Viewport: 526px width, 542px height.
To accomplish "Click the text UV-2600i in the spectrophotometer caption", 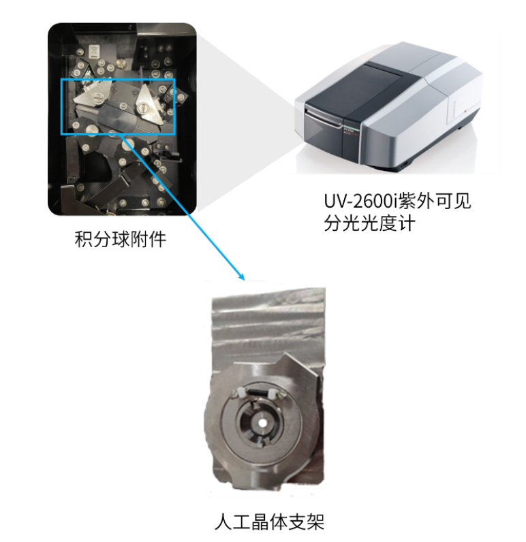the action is click(x=360, y=201).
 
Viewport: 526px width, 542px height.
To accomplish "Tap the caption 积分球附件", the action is click(x=121, y=239).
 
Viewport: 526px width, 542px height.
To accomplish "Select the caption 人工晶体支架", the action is click(x=269, y=522).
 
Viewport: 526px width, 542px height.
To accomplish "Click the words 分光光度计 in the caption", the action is click(x=370, y=223).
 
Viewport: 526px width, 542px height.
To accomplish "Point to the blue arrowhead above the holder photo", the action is click(x=241, y=276).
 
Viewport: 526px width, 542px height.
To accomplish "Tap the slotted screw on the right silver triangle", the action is click(x=142, y=108).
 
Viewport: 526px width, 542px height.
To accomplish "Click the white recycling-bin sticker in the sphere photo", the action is click(x=94, y=51).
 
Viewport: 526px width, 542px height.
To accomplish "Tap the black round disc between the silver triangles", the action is click(x=117, y=118).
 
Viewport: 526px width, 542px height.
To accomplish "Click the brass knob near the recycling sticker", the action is click(x=121, y=63).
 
